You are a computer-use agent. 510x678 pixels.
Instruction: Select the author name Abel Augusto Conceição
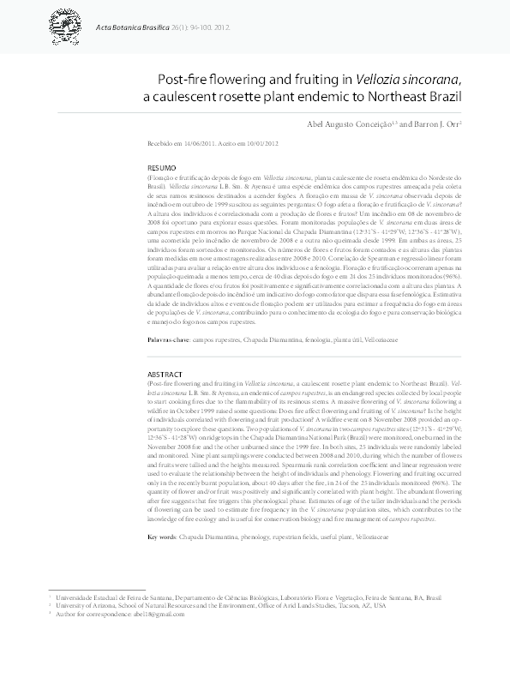pos(349,124)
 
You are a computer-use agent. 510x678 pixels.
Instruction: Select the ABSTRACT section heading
pos(165,375)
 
